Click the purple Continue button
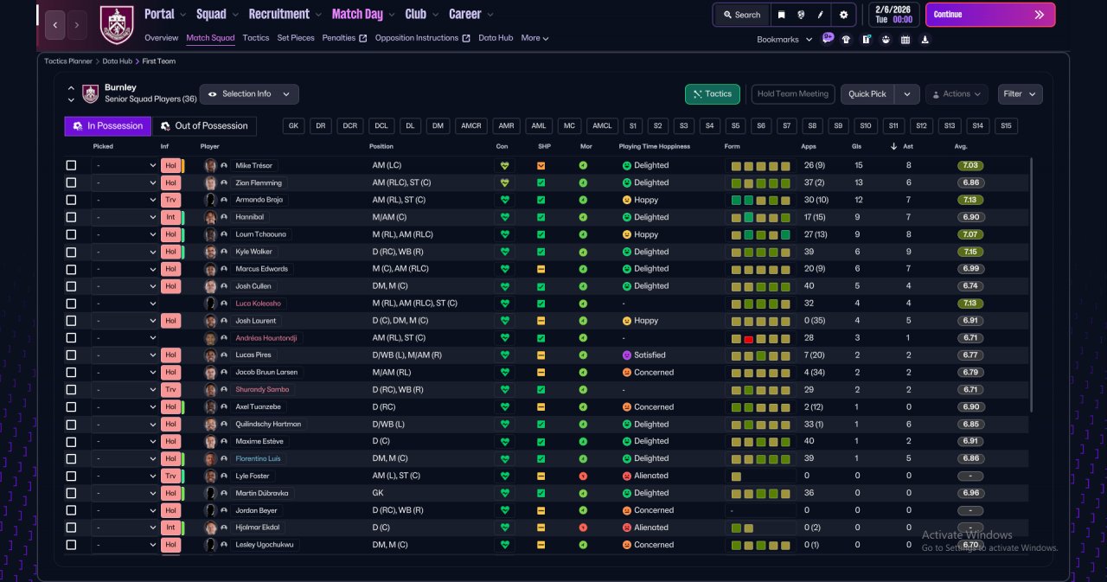[990, 15]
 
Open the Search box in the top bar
[742, 15]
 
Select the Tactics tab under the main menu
[255, 38]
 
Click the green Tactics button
[712, 94]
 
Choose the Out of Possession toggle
[205, 126]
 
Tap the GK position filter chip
[293, 126]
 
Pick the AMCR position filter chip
[470, 126]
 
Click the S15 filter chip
[1006, 126]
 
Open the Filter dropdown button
[1020, 94]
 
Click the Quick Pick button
[867, 94]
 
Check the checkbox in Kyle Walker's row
[71, 252]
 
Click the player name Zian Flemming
[259, 182]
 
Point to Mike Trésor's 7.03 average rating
[970, 165]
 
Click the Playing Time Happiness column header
[655, 147]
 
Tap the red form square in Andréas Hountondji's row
[748, 339]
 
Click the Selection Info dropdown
[249, 94]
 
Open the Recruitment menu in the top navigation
[278, 15]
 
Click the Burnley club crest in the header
[117, 25]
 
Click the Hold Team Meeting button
[793, 94]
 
